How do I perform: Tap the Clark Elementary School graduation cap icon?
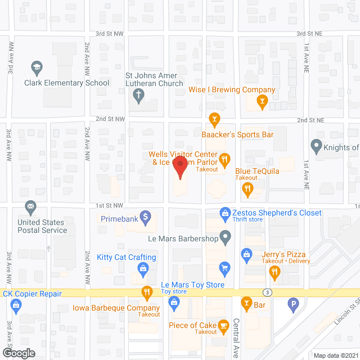click(37, 68)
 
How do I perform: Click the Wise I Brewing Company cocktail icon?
click(261, 102)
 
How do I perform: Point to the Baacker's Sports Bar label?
click(237, 134)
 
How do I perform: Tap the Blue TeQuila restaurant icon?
click(247, 191)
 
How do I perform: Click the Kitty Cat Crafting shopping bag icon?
click(143, 269)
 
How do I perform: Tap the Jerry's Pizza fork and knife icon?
click(274, 273)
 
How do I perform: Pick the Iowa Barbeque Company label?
click(116, 308)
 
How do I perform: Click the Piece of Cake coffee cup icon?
click(223, 325)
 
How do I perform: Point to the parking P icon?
click(292, 306)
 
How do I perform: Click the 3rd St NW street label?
click(109, 34)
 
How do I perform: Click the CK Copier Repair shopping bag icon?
click(15, 305)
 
